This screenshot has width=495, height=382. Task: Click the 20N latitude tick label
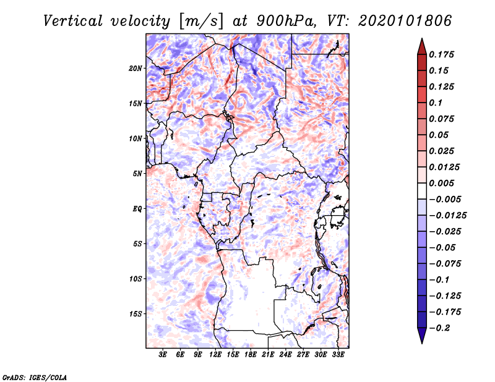pyautogui.click(x=136, y=68)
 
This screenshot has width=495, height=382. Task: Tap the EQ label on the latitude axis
pyautogui.click(x=137, y=208)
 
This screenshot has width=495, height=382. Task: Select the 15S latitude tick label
pyautogui.click(x=136, y=314)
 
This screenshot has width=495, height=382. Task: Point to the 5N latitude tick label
pyautogui.click(x=137, y=174)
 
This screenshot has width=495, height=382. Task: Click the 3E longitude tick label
pyautogui.click(x=163, y=355)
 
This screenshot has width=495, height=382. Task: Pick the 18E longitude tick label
pyautogui.click(x=251, y=355)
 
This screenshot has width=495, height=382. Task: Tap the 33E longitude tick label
pyautogui.click(x=338, y=355)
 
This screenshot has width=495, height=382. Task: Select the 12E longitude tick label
pyautogui.click(x=215, y=355)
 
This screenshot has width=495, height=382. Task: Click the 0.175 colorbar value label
pyautogui.click(x=441, y=54)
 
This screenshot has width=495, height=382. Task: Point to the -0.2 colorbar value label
pyautogui.click(x=439, y=328)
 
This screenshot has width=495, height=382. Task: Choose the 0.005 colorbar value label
pyautogui.click(x=441, y=183)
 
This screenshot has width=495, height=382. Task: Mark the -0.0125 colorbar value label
pyautogui.click(x=447, y=216)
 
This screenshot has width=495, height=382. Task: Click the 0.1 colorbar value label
pyautogui.click(x=436, y=103)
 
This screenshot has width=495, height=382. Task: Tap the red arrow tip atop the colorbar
pyautogui.click(x=422, y=38)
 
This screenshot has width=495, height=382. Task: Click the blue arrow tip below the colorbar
pyautogui.click(x=422, y=343)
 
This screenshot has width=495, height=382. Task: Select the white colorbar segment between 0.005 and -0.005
pyautogui.click(x=422, y=191)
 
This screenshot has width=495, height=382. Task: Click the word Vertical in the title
pyautogui.click(x=72, y=21)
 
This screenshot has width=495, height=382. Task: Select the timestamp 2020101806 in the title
pyautogui.click(x=405, y=21)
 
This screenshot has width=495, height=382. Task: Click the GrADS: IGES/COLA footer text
pyautogui.click(x=35, y=377)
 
